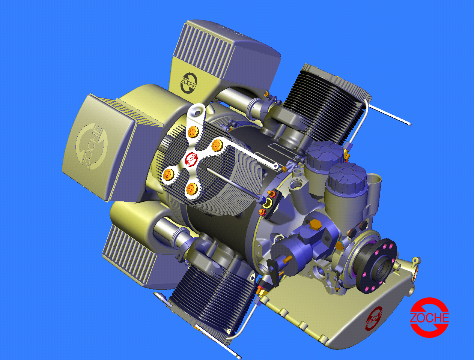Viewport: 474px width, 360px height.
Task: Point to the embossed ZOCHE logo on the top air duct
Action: point(189,83)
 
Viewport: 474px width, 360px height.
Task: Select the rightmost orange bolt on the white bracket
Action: point(215,144)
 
